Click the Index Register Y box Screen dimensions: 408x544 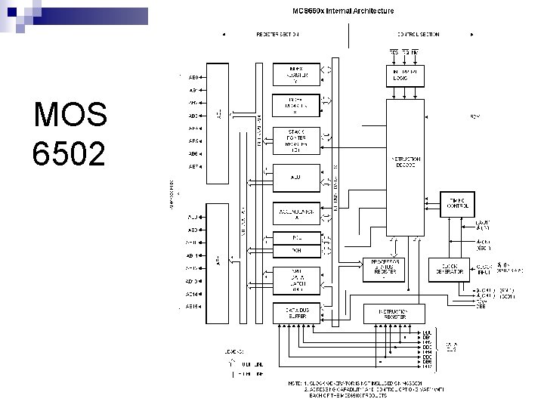coord(296,75)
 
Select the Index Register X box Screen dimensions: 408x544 coord(296,106)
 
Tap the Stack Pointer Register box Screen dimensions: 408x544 coord(296,141)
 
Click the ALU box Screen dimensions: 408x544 coord(296,178)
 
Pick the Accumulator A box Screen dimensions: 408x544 coord(296,214)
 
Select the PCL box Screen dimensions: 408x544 coord(296,237)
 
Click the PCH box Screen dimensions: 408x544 coord(296,251)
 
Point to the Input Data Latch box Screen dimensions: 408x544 coord(296,279)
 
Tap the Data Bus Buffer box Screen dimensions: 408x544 coord(296,312)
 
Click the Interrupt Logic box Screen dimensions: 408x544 coord(405,75)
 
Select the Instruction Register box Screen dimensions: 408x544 coord(394,313)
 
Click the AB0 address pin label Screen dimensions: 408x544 coord(193,77)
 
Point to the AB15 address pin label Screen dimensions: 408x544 coord(193,307)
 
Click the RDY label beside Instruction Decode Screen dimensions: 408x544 coord(475,116)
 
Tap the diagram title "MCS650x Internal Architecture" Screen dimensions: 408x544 coord(343,11)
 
